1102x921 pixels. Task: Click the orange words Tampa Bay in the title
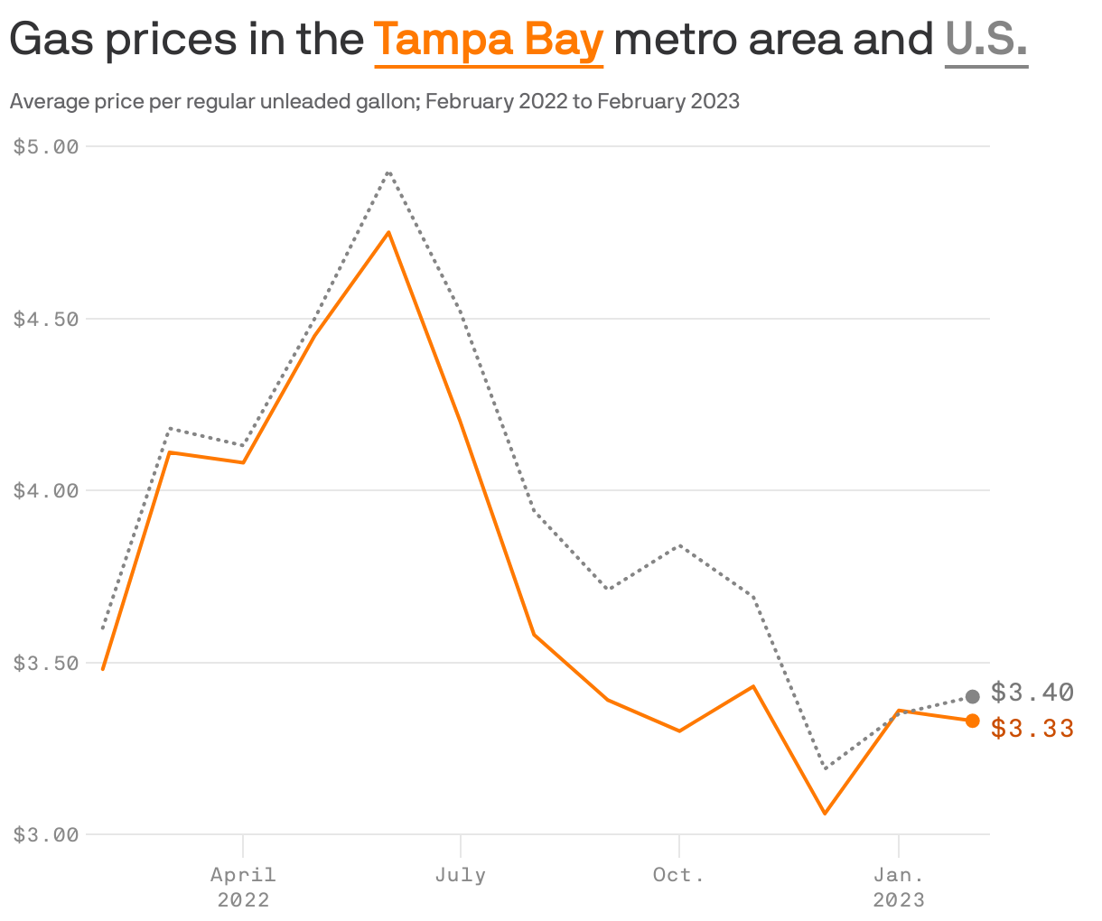click(488, 41)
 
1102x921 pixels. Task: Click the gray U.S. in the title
click(985, 41)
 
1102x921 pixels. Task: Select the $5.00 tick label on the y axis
click(46, 146)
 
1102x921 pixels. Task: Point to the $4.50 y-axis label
click(46, 319)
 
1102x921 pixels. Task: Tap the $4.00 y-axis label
click(46, 490)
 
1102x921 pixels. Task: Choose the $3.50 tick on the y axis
click(46, 663)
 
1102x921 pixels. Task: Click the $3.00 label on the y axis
click(46, 835)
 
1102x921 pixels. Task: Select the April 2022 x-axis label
click(243, 887)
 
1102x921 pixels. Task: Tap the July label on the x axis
click(461, 875)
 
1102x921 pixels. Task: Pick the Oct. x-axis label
click(678, 875)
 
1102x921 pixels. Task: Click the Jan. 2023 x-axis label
click(898, 887)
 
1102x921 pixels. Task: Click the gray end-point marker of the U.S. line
click(973, 696)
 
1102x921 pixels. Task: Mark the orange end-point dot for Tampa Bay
click(973, 721)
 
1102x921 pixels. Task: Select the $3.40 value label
click(1032, 693)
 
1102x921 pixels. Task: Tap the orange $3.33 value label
click(1032, 728)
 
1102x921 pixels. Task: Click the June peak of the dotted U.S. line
click(388, 172)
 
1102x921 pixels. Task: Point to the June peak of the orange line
click(388, 232)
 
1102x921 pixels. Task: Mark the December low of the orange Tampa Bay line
click(825, 814)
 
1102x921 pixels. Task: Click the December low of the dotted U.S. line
click(825, 768)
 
